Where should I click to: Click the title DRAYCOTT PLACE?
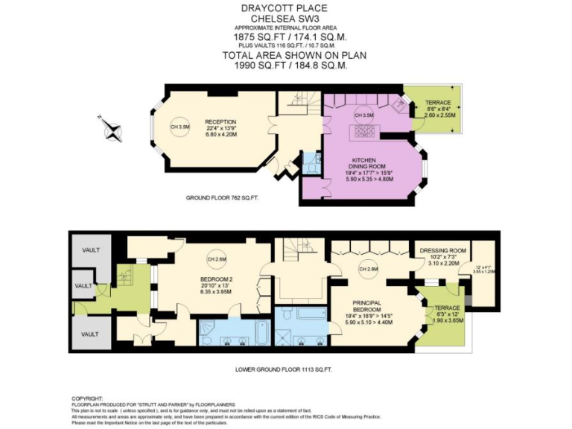(285, 8)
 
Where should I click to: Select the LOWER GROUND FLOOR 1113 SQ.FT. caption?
(285, 369)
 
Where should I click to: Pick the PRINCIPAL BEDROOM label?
(366, 307)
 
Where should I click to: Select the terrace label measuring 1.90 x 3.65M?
(448, 314)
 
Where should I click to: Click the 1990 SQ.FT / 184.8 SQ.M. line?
(285, 66)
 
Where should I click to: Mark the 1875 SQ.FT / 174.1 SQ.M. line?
(285, 36)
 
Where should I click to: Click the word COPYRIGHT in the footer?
(88, 398)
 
